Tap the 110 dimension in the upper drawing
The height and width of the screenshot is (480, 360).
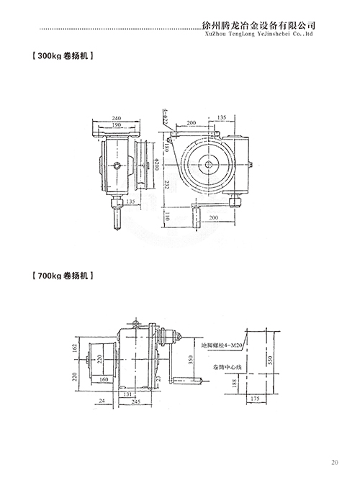coord(166,216)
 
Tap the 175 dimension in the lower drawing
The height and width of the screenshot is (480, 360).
coord(256,397)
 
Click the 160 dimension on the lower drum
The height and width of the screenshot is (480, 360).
coord(105,379)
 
